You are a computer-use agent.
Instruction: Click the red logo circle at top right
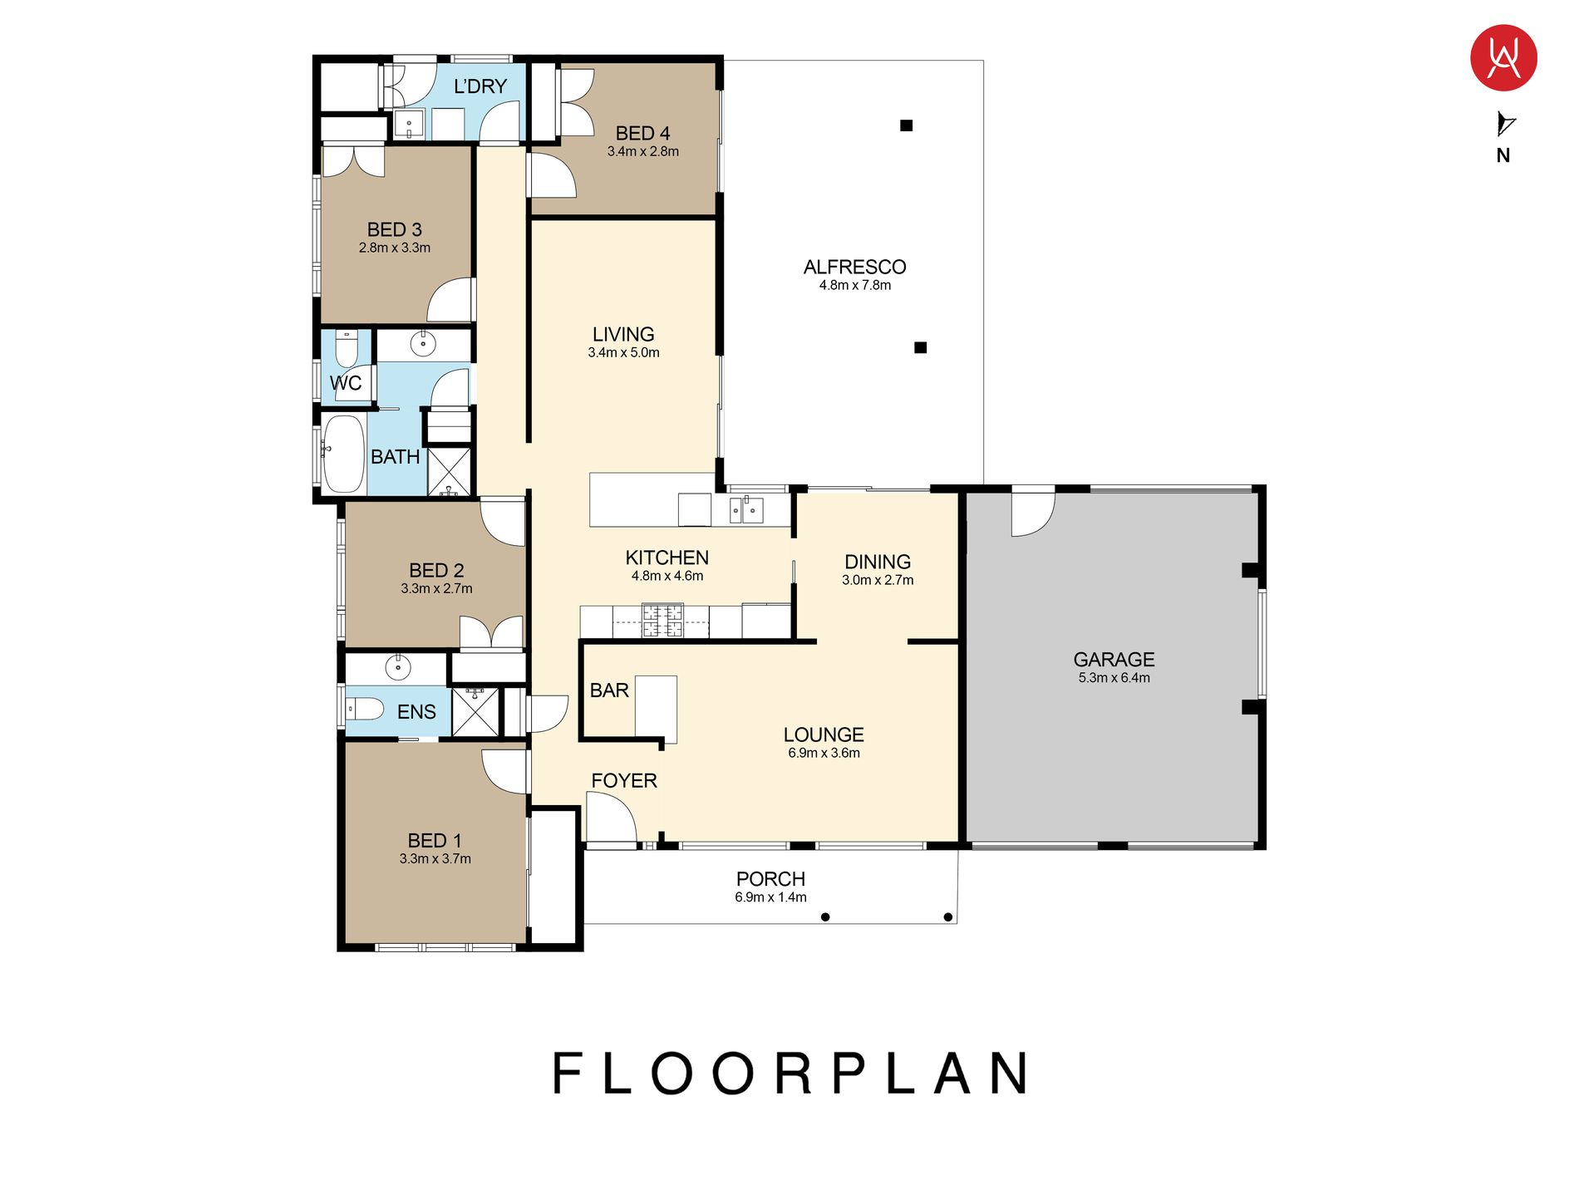(1503, 58)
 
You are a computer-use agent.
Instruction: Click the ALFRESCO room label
(854, 267)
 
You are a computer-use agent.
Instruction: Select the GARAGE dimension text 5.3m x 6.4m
(1114, 678)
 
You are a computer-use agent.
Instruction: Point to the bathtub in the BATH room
(343, 454)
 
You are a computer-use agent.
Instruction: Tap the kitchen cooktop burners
(662, 621)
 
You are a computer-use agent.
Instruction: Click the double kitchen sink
(746, 509)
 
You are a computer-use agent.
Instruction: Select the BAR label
(609, 690)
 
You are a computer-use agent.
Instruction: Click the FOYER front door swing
(611, 818)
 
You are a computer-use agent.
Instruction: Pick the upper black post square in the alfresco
(907, 125)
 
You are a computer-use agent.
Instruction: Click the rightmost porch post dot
(947, 917)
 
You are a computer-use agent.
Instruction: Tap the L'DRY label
(480, 86)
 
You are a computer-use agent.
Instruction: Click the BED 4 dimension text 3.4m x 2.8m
(642, 151)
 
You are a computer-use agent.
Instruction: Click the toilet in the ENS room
(364, 710)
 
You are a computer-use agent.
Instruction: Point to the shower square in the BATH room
(449, 472)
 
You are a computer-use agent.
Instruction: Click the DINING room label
(878, 562)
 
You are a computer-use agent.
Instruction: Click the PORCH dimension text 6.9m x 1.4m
(770, 897)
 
